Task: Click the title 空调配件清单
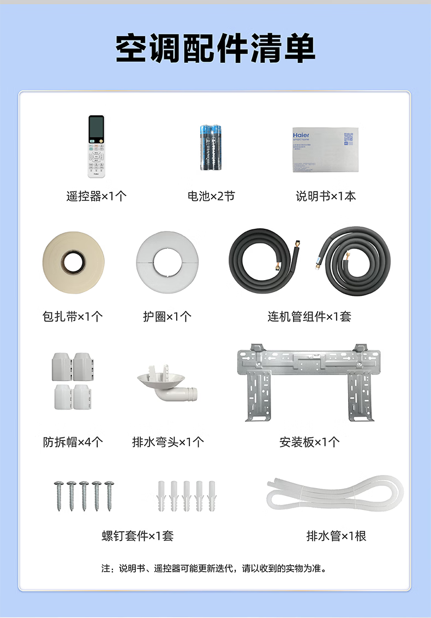coord(215,49)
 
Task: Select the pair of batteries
coord(211,146)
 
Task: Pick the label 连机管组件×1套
coord(309,317)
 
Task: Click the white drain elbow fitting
coord(166,385)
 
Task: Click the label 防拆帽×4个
coord(73,442)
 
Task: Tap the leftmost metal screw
coord(58,495)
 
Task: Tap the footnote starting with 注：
coord(215,568)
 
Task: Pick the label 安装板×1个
coord(309,442)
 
